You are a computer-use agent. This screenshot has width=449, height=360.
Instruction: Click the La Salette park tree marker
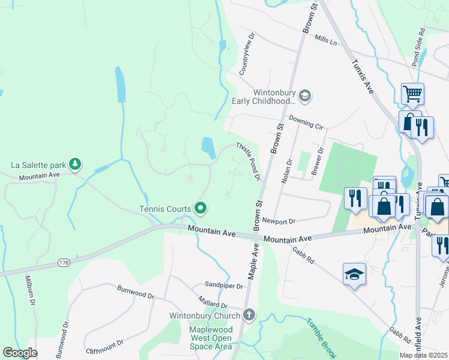click(x=74, y=164)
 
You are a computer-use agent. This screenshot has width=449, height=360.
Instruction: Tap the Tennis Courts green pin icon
click(x=201, y=209)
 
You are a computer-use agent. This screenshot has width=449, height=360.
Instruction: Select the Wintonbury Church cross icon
click(x=249, y=314)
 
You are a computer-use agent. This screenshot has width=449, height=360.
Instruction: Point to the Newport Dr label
click(x=279, y=221)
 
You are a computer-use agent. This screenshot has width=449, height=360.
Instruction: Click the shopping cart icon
click(x=412, y=94)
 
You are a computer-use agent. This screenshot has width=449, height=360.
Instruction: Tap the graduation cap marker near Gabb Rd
click(x=354, y=274)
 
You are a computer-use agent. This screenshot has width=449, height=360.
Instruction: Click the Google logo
click(x=20, y=353)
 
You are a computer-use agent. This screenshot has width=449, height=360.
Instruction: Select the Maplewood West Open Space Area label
click(x=210, y=338)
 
